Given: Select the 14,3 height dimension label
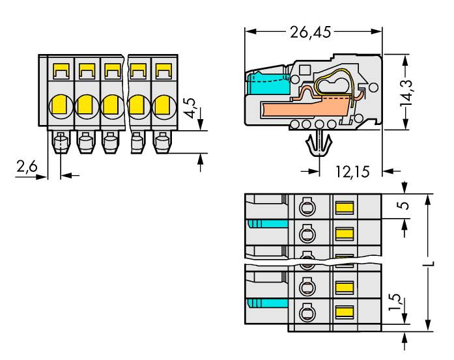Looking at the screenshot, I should pyautogui.click(x=406, y=95).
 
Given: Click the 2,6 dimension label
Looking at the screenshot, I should pyautogui.click(x=27, y=168).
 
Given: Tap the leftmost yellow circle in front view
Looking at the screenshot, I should pyautogui.click(x=59, y=104).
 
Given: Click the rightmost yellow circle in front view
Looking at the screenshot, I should pyautogui.click(x=162, y=104).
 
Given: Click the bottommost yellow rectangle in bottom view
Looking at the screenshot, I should pyautogui.click(x=344, y=313).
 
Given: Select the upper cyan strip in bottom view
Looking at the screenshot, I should pyautogui.click(x=267, y=225).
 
